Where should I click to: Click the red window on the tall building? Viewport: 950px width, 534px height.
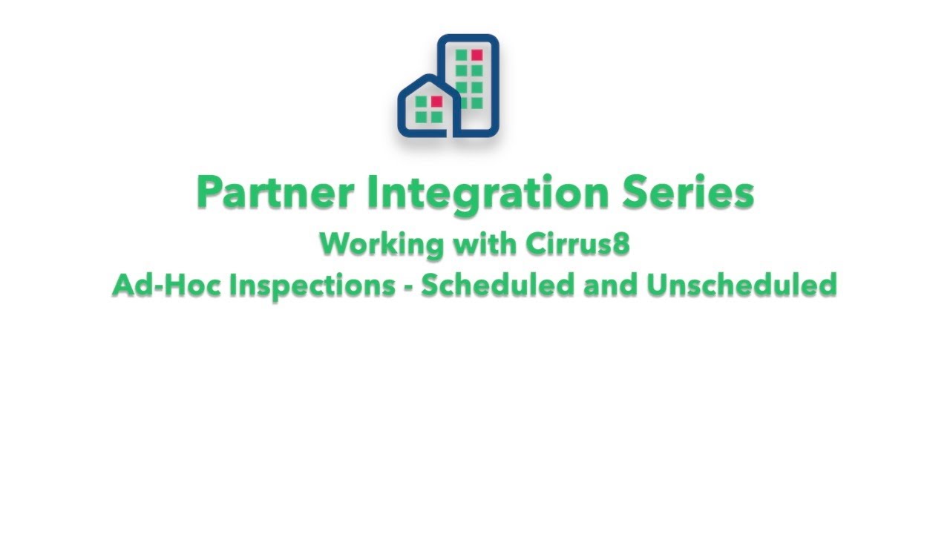[x=476, y=55]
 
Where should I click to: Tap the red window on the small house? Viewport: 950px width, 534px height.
[x=436, y=101]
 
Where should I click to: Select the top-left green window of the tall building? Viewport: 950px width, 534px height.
[x=462, y=55]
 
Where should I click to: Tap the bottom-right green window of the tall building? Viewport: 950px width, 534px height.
[x=476, y=102]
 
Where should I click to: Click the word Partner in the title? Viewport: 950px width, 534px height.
[x=274, y=193]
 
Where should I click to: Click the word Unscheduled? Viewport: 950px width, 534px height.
[x=741, y=285]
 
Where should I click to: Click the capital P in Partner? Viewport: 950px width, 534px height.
[x=210, y=193]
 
